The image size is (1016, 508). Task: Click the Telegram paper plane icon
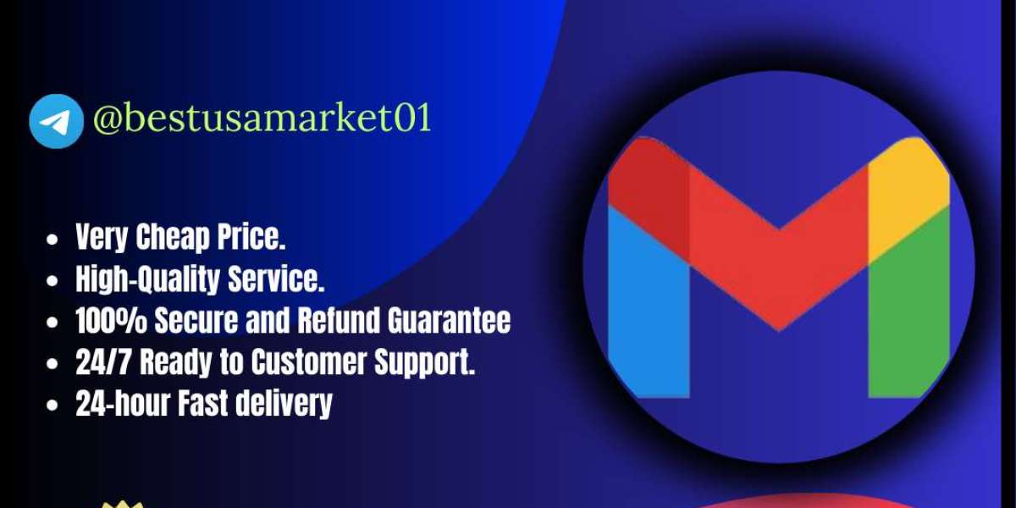tap(56, 121)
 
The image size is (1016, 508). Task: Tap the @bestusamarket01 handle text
tap(262, 118)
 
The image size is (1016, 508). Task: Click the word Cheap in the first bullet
tap(173, 237)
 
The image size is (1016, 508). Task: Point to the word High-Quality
tap(148, 279)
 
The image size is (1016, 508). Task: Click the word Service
tap(276, 279)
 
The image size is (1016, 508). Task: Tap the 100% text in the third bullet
tap(112, 321)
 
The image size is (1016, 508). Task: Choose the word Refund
tap(339, 321)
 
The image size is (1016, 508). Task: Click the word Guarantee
tap(449, 321)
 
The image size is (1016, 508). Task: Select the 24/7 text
tap(104, 362)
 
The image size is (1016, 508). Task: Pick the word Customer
tap(309, 362)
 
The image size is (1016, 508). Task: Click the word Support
tap(424, 363)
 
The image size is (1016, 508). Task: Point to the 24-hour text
tap(123, 403)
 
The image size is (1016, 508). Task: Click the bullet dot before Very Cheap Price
tap(52, 240)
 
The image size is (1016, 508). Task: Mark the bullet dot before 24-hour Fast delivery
tap(52, 406)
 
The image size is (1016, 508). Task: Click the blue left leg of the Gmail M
tap(649, 304)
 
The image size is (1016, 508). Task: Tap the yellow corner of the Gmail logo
tap(909, 195)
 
